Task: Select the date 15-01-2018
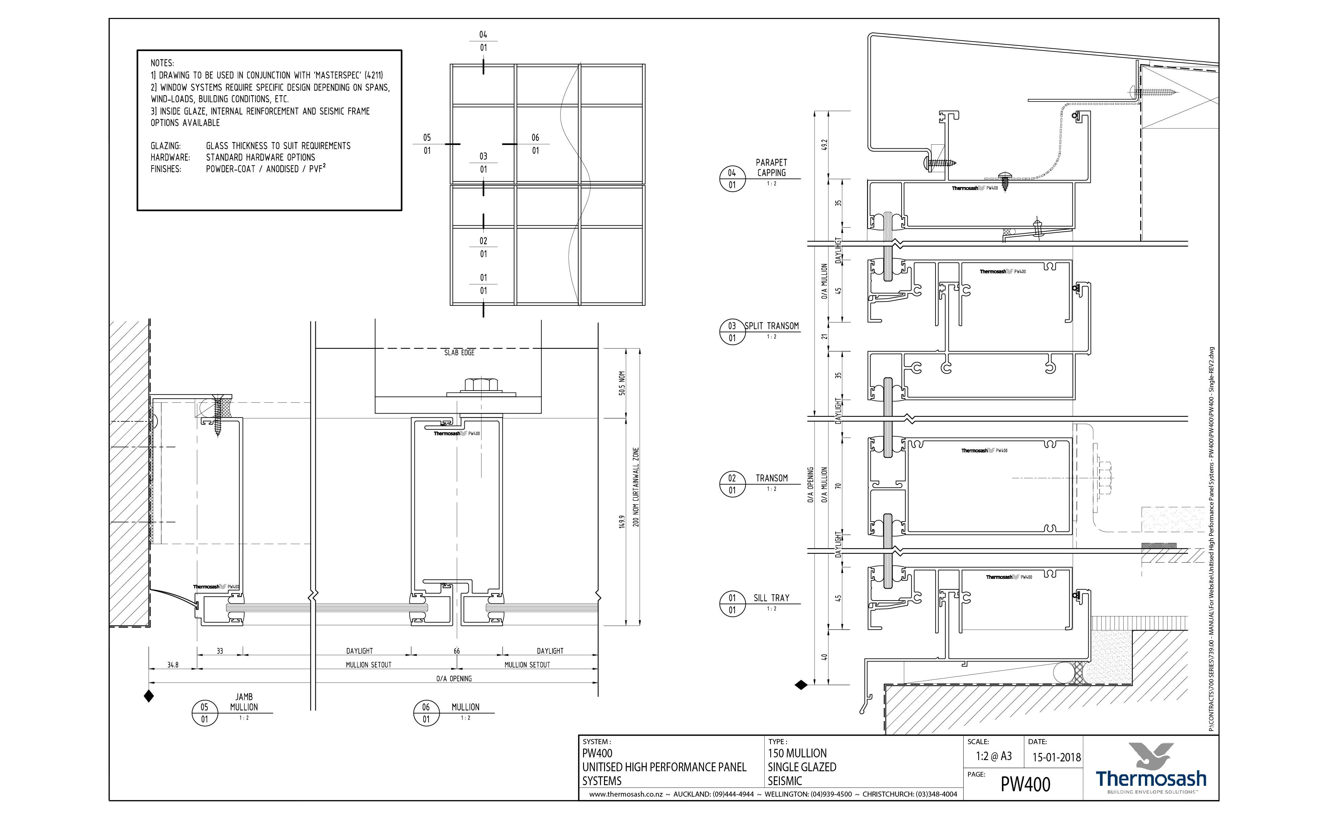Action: [x=1056, y=757]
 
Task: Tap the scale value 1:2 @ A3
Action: [x=993, y=756]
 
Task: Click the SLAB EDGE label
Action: [x=459, y=353]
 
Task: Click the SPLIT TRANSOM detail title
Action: [x=771, y=326]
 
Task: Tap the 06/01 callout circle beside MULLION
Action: [x=426, y=713]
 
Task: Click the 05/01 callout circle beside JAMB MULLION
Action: [x=204, y=713]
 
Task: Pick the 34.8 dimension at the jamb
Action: [x=173, y=665]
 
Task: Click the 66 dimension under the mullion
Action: [x=457, y=651]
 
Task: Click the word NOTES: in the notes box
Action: [x=162, y=63]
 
